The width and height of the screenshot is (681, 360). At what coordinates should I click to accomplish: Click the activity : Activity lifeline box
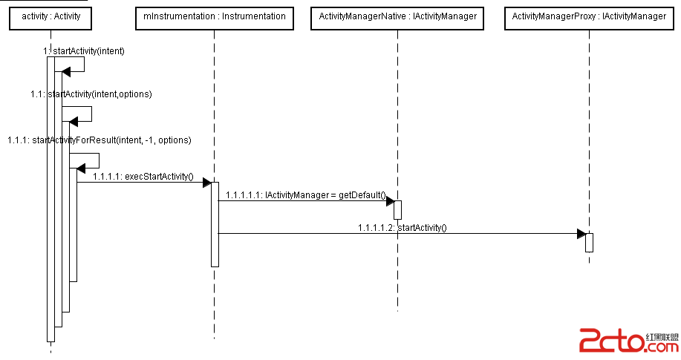pos(50,16)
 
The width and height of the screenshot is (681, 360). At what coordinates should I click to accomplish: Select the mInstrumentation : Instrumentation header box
pos(214,16)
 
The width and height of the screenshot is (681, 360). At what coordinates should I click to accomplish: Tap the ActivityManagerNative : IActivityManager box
pos(397,16)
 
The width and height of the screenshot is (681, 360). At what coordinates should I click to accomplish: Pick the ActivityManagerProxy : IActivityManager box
pos(589,16)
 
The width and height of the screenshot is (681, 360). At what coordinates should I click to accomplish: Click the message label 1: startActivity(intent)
pos(84,51)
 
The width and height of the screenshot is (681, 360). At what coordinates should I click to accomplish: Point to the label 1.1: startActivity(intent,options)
pos(91,94)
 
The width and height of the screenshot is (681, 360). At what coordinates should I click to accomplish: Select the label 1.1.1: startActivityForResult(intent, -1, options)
pos(100,140)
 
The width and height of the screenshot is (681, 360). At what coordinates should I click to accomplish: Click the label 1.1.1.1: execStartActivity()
pos(143,177)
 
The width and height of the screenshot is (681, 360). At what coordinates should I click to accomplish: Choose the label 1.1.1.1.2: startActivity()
pos(402,227)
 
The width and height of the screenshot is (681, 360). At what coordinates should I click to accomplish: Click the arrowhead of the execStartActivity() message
pos(206,183)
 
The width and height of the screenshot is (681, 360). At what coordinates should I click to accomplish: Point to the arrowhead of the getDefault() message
pos(389,200)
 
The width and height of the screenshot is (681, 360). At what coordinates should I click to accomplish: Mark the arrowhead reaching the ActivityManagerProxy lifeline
pos(581,234)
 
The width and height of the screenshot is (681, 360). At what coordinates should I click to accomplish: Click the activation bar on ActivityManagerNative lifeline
pos(397,209)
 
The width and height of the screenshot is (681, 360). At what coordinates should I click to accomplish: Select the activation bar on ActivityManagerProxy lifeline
pos(589,243)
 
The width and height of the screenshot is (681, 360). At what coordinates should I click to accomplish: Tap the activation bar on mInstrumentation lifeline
pos(215,223)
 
